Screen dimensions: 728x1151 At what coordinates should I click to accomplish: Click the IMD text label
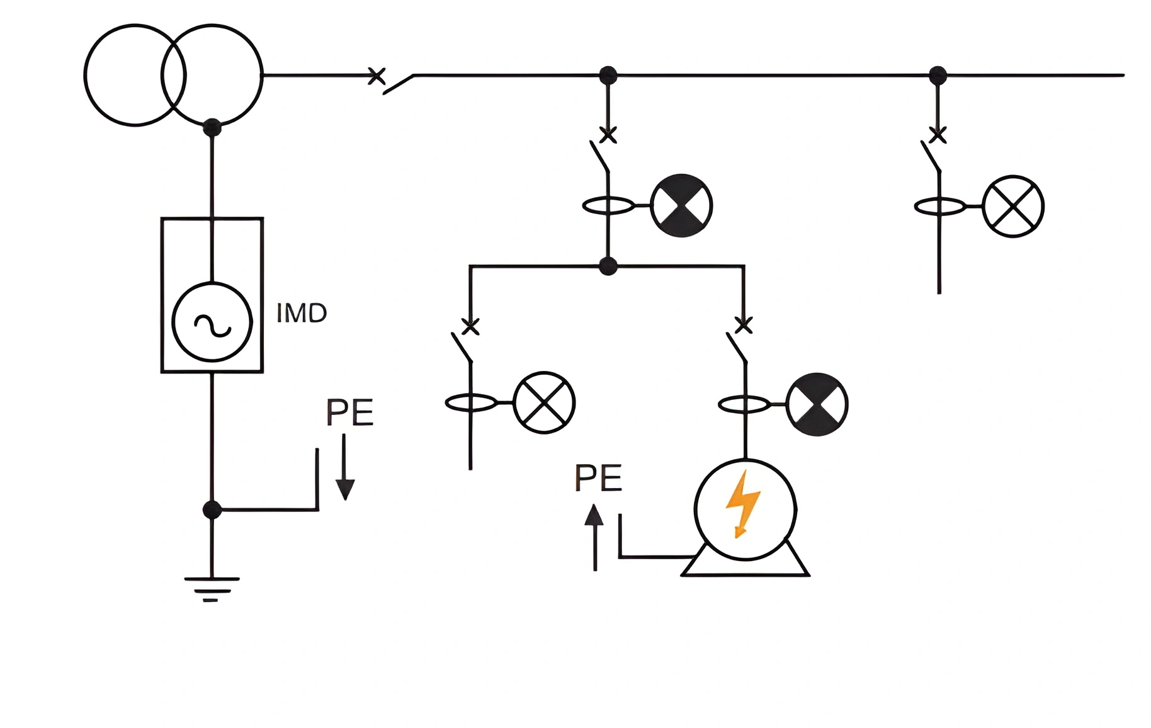pos(302,313)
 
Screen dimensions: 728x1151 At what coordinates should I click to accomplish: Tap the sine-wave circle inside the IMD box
pos(212,322)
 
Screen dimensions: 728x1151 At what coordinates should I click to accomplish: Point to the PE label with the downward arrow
pos(349,412)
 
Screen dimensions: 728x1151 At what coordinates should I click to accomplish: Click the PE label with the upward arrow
pos(598,478)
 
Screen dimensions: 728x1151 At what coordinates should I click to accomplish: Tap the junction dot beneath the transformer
pos(212,127)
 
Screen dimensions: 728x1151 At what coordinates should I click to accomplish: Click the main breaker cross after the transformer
pos(376,76)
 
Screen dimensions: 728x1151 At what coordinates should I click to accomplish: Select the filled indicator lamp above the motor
pos(817,404)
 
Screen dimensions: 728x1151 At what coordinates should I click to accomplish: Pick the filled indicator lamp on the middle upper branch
pos(681,206)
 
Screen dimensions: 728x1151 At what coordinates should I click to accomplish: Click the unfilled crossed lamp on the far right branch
pos(1013,207)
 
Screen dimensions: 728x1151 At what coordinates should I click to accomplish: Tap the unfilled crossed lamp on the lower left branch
pos(544,402)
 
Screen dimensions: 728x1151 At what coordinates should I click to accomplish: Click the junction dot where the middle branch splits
pos(608,266)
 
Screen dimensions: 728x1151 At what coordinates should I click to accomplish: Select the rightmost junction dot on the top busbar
pos(938,76)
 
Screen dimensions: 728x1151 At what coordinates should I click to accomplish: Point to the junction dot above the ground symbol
pos(212,509)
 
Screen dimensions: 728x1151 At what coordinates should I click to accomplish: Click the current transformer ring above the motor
pos(744,404)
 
